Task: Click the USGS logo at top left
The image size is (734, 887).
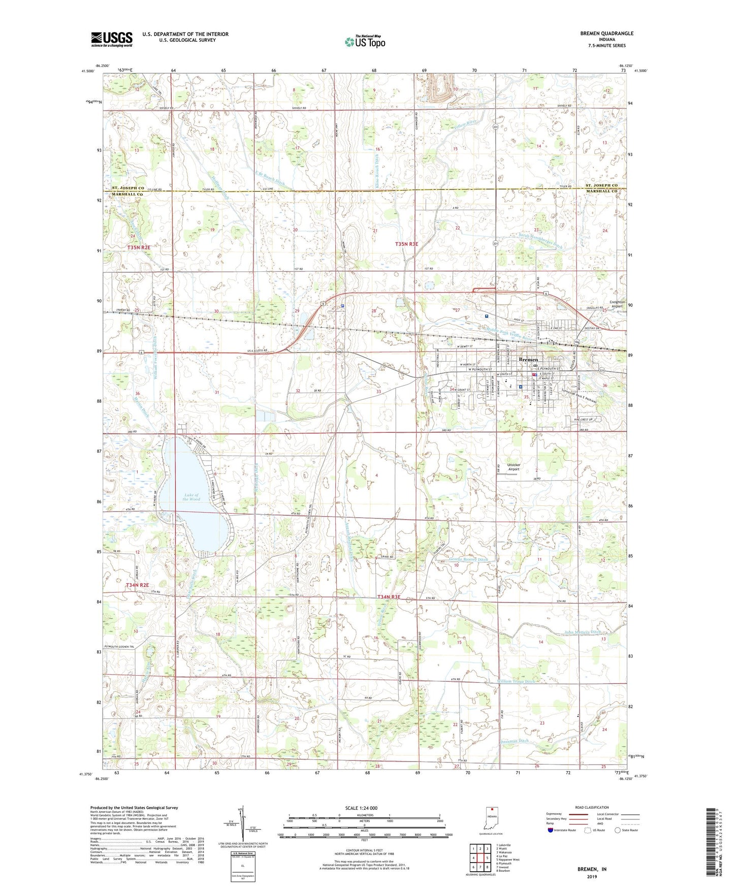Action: [x=112, y=39]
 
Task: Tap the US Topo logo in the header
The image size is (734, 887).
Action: [x=364, y=42]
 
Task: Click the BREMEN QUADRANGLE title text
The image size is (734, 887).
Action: [x=607, y=34]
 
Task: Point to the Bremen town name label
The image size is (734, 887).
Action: [x=528, y=360]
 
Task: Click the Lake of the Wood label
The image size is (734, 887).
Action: [x=192, y=497]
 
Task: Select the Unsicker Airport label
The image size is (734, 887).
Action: [x=514, y=467]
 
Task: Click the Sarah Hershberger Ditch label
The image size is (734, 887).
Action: [x=540, y=241]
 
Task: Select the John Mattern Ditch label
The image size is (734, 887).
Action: [x=582, y=632]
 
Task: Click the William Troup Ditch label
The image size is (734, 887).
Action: [x=516, y=681]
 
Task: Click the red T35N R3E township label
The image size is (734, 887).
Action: [x=406, y=244]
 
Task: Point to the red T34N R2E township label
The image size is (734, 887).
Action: [x=138, y=585]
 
